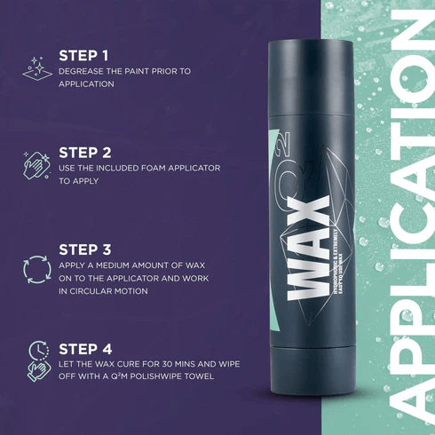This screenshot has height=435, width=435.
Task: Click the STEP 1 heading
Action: point(83,54)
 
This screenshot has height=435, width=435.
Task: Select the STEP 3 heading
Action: point(84,250)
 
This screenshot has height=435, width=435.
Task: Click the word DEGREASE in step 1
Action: point(82,70)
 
